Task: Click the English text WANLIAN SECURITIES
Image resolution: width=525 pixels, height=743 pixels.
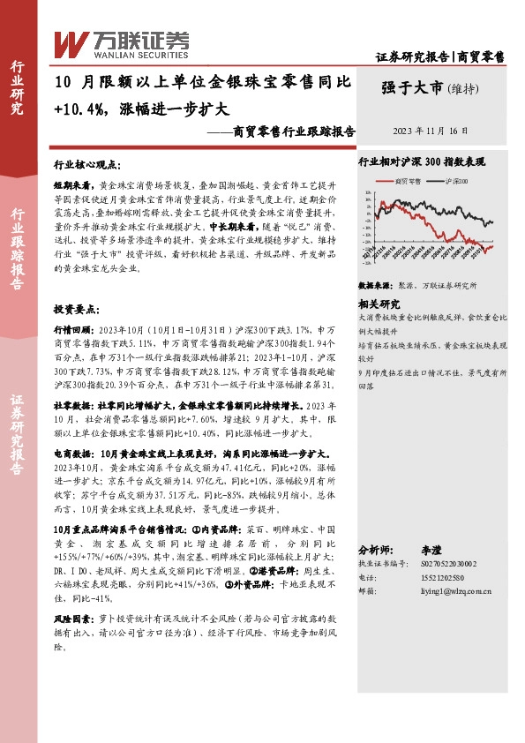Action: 126,51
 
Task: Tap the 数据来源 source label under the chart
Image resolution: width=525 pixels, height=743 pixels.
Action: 372,287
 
